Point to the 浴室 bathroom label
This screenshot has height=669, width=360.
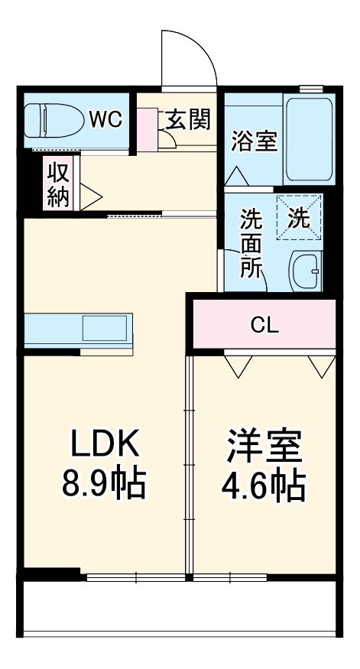[255, 141]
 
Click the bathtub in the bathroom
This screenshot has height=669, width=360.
[309, 138]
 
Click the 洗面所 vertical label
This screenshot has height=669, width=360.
[251, 243]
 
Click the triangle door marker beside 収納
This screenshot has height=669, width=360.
[89, 196]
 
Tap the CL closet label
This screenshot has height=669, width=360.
[265, 326]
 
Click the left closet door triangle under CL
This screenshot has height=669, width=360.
[238, 365]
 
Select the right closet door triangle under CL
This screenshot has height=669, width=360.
[322, 365]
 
